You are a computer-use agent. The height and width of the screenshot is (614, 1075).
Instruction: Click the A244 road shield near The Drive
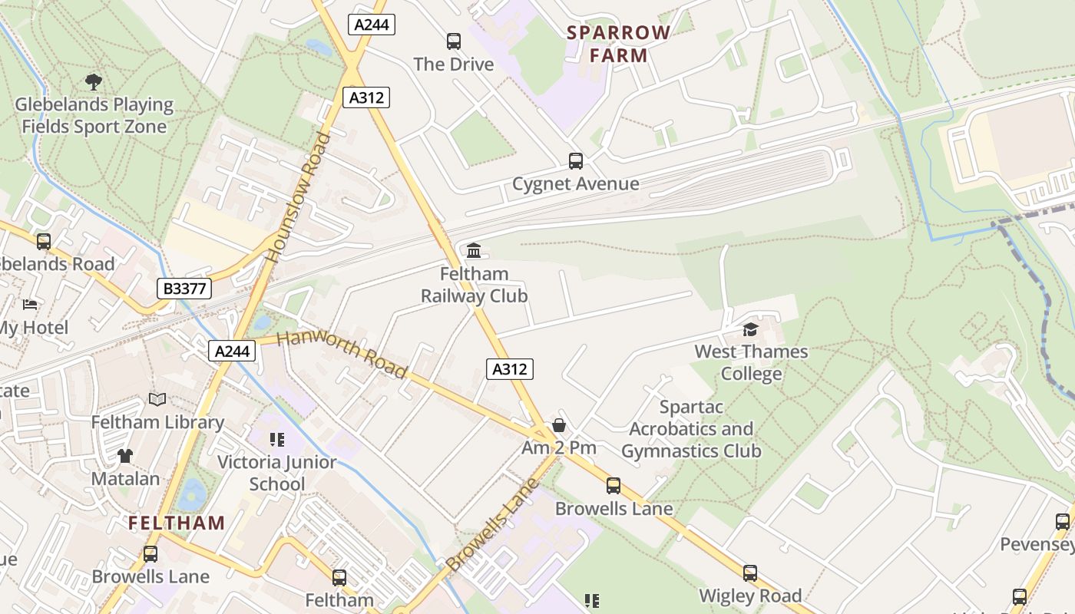[372, 25]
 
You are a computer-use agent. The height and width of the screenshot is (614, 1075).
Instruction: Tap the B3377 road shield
[184, 289]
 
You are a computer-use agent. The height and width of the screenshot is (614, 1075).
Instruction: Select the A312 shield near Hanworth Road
[510, 369]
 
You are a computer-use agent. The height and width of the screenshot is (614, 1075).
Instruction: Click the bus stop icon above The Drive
[454, 41]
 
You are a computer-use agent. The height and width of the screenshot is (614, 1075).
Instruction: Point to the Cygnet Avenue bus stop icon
[576, 160]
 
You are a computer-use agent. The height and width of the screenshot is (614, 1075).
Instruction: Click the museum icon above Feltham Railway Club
[474, 250]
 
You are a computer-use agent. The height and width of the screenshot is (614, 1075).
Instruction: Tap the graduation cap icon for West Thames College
[750, 329]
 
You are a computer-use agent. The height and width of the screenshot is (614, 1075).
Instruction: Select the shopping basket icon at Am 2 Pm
[559, 425]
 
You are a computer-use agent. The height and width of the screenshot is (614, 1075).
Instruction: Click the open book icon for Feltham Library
[157, 399]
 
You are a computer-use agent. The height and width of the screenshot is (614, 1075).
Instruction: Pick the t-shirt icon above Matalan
[125, 455]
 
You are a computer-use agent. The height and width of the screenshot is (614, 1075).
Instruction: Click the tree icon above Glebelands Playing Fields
[94, 81]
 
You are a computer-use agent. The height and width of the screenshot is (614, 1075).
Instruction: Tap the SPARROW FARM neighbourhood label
[619, 44]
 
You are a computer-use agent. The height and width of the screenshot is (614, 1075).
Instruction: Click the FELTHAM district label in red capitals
[177, 523]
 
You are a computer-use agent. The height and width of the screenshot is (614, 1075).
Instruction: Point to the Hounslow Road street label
[300, 197]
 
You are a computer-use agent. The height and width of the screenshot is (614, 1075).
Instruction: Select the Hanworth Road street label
[342, 355]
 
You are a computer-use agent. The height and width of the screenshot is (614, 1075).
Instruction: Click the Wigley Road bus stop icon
[749, 573]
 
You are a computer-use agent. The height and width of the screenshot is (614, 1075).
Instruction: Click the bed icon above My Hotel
[30, 305]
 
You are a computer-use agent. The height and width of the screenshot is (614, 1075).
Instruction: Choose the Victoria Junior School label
[277, 473]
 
